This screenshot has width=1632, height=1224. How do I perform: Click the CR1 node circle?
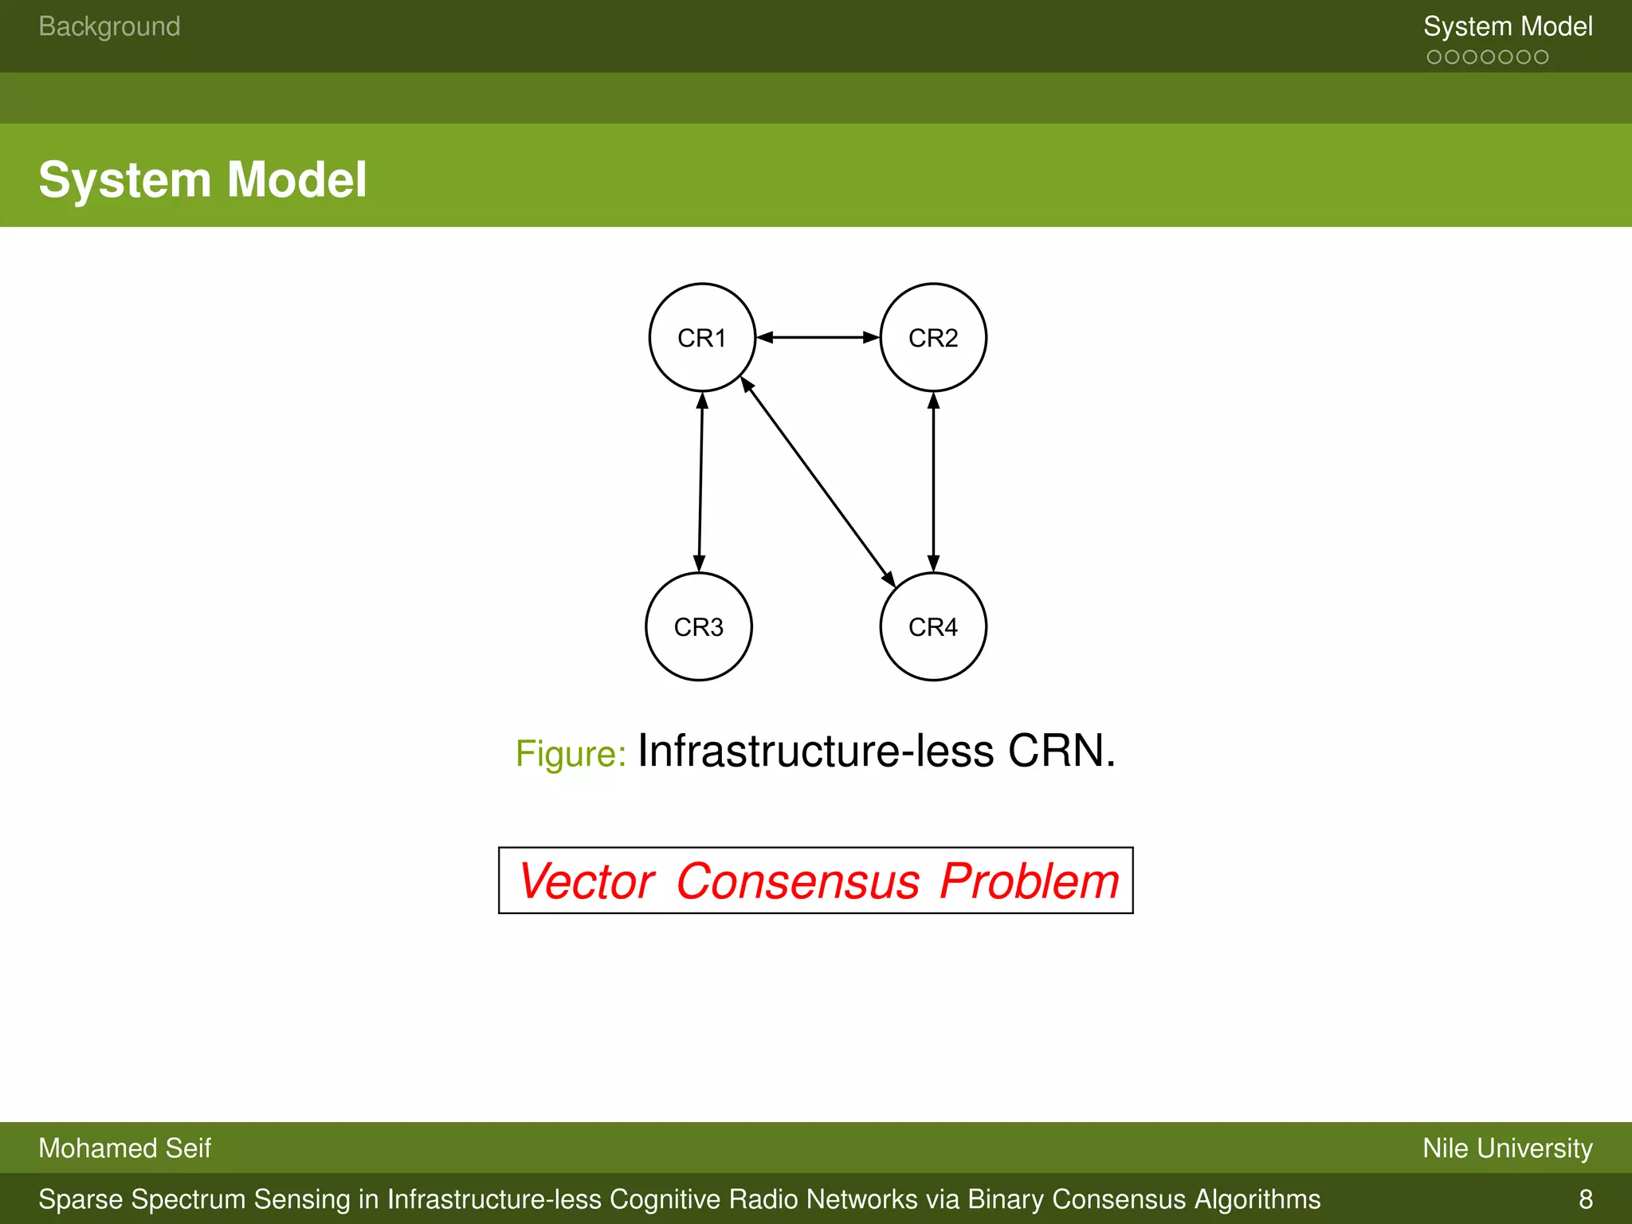702,338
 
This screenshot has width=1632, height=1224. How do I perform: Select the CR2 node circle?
933,338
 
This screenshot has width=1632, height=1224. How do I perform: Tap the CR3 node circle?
699,627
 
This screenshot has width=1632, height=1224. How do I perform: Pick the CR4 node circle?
933,627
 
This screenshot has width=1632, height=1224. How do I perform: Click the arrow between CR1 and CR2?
818,338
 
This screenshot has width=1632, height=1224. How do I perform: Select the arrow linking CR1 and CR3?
700,482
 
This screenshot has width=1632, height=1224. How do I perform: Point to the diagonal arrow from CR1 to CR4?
818,482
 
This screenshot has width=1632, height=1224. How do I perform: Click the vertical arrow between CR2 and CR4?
933,482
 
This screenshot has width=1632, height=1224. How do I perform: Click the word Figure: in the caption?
571,754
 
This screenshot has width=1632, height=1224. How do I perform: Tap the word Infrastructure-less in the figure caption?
815,751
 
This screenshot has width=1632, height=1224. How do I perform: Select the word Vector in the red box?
587,881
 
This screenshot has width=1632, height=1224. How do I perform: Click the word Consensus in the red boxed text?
798,881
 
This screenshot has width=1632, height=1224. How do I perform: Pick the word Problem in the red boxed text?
1029,881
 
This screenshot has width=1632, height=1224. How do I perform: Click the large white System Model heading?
202,179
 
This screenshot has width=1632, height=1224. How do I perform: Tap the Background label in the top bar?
109,26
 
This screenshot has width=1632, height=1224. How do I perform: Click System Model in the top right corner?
1508,26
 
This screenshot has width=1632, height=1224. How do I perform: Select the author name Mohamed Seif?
124,1148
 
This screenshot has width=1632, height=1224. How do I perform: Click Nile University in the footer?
1507,1148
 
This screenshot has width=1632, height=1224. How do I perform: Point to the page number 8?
1585,1199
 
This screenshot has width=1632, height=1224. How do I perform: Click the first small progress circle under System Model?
1434,57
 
